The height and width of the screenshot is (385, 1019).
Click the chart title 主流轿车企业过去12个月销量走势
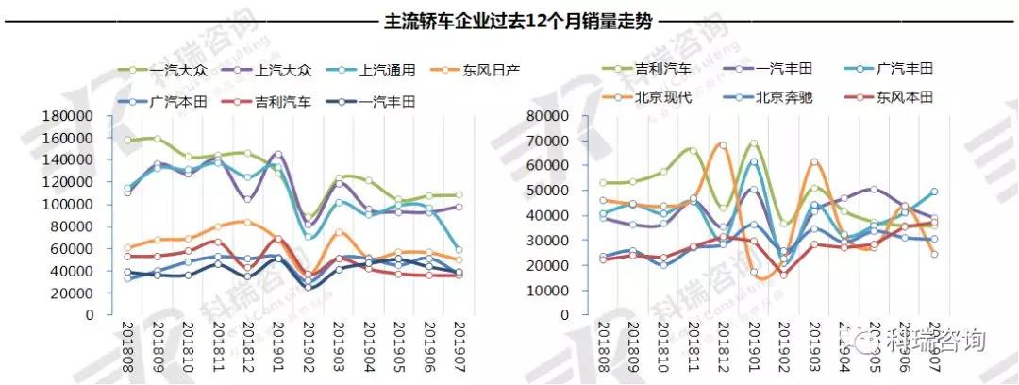tap(509, 20)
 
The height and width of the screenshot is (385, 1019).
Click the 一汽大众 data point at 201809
tap(157, 139)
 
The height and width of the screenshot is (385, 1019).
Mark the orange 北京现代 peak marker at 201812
tap(723, 145)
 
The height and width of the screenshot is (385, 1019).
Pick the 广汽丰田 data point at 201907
tap(934, 192)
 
